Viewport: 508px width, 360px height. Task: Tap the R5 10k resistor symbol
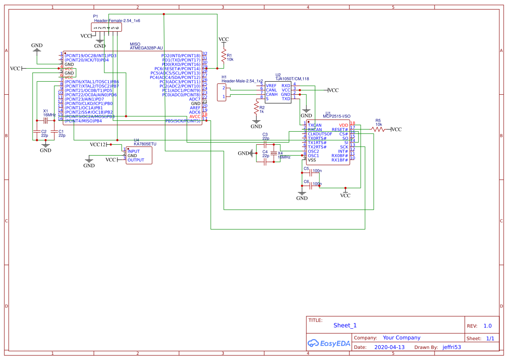378,129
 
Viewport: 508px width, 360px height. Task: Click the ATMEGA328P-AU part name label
146,48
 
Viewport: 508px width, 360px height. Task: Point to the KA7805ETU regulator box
139,155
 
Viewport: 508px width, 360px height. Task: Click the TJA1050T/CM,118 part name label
292,79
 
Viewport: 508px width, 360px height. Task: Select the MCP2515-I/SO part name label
337,117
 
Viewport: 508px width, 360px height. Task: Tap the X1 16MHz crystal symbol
45,120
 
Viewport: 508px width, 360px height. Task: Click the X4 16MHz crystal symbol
273,153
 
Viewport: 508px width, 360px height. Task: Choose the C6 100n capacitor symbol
311,185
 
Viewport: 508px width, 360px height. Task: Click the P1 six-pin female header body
106,27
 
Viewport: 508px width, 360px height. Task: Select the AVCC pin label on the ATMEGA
195,117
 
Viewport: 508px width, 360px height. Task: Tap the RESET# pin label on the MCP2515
339,130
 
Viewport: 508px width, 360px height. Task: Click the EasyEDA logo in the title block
329,343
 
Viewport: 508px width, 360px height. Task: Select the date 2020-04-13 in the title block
389,347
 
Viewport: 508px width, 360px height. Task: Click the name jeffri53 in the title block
452,347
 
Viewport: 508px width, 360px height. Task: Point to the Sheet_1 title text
345,325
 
